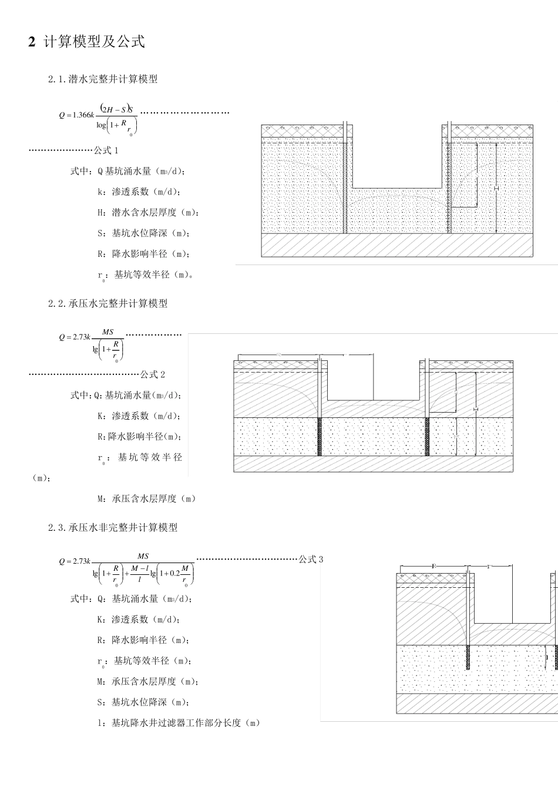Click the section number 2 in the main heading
coord(32,42)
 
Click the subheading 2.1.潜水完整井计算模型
coord(103,79)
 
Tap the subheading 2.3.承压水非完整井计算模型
coord(113,527)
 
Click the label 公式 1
coord(106,150)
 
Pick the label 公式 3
coord(311,559)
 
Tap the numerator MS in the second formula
coord(107,332)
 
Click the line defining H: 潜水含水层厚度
coord(148,212)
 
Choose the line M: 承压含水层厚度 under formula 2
coord(146,498)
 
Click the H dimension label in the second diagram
coord(475,409)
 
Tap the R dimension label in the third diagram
coord(433,565)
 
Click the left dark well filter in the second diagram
coord(320,436)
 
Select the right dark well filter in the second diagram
coord(427,436)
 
